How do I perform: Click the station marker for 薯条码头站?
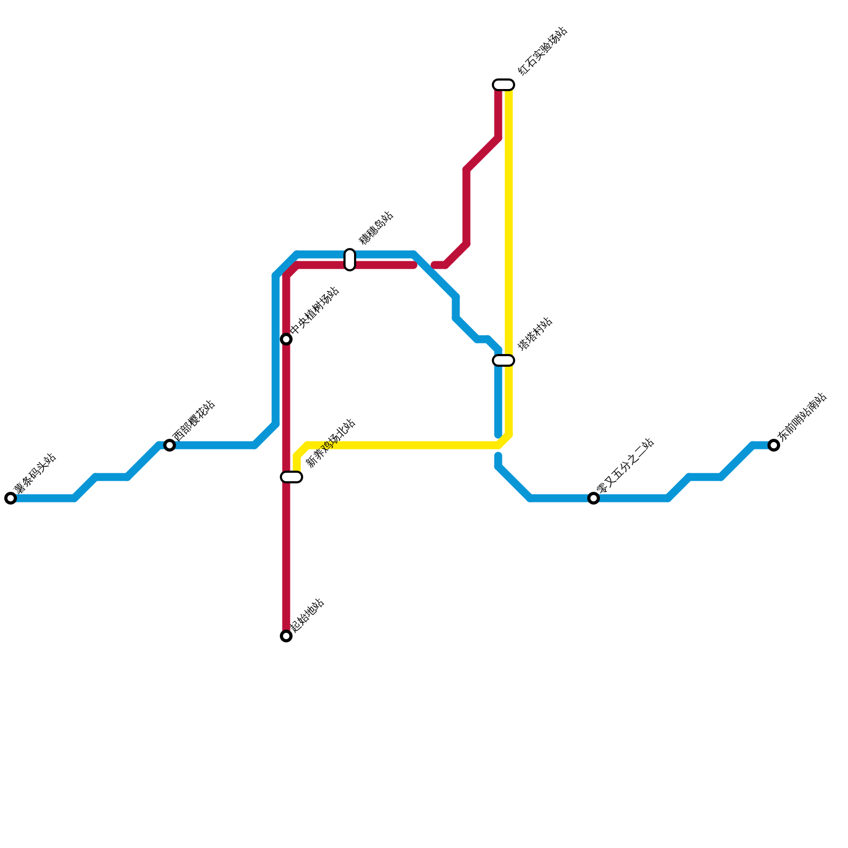[x=11, y=498]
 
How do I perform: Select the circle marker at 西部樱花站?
[x=170, y=445]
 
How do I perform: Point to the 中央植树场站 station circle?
[x=286, y=339]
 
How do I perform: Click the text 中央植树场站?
[x=314, y=311]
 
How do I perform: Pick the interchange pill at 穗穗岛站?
[x=350, y=260]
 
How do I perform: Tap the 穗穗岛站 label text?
[x=376, y=228]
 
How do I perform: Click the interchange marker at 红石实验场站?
[x=503, y=85]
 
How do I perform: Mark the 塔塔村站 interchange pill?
[x=503, y=360]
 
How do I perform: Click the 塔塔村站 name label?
[x=535, y=334]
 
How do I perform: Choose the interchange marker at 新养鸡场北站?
[x=291, y=477]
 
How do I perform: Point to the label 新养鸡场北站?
[x=331, y=443]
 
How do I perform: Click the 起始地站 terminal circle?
[x=286, y=636]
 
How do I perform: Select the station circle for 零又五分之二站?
[x=594, y=498]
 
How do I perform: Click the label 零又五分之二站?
[x=625, y=466]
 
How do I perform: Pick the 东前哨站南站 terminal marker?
[x=774, y=445]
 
